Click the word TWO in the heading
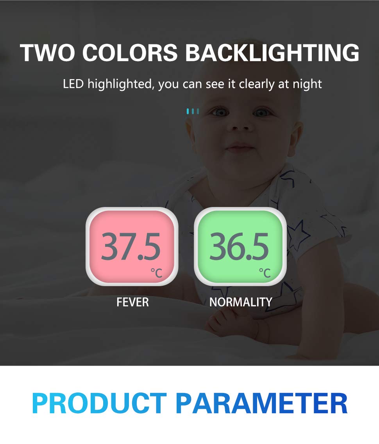(x=47, y=53)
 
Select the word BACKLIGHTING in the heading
(x=272, y=53)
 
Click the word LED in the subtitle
(x=73, y=84)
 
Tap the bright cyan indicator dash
(x=188, y=111)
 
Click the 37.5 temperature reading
(x=131, y=247)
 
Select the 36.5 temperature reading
(x=239, y=247)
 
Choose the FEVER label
(x=132, y=302)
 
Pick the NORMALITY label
(x=241, y=302)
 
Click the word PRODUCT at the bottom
(x=99, y=403)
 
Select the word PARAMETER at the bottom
(x=261, y=403)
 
